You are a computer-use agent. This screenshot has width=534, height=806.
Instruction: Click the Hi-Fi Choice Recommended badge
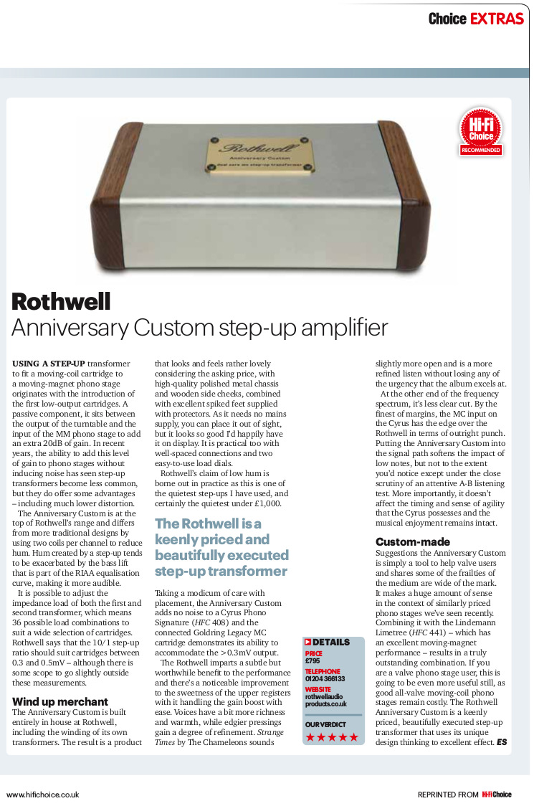[x=481, y=131]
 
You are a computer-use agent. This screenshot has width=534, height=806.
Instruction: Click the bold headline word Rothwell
[x=61, y=302]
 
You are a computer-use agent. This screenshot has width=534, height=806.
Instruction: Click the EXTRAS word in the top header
[x=497, y=19]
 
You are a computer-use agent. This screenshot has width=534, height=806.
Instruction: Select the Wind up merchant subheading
[x=60, y=701]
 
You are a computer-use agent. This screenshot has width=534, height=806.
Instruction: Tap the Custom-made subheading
[x=412, y=542]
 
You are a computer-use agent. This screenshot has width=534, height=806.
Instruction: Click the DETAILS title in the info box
[x=332, y=643]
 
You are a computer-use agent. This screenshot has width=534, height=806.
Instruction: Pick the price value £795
[x=314, y=660]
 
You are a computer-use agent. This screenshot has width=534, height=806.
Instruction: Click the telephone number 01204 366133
[x=325, y=678]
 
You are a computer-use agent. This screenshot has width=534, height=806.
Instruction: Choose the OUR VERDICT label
[x=325, y=725]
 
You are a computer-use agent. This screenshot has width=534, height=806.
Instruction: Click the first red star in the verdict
[x=310, y=737]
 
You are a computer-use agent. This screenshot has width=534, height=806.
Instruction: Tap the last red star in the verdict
[x=353, y=737]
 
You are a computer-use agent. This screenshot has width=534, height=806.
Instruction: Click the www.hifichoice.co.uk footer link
[x=43, y=795]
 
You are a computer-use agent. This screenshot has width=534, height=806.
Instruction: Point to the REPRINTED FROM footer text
[x=448, y=795]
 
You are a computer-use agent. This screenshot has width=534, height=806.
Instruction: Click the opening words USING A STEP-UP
[x=49, y=364]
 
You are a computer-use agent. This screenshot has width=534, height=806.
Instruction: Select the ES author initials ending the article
[x=502, y=742]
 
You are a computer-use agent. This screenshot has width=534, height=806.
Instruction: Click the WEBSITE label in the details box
[x=318, y=689]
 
